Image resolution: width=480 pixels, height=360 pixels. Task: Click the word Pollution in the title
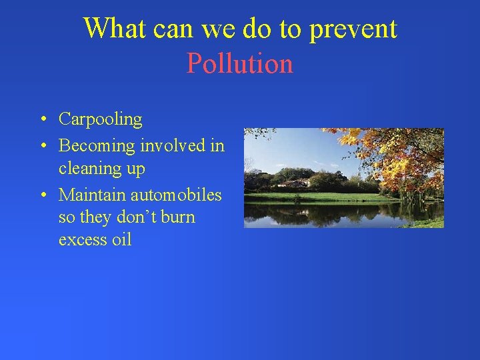pos(240,64)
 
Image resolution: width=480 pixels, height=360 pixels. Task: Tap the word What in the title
pos(115,29)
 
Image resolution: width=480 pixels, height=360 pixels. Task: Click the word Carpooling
pos(100,120)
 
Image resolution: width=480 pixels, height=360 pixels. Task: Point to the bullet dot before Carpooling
pos(42,120)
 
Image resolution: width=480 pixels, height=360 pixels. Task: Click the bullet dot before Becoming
pos(42,145)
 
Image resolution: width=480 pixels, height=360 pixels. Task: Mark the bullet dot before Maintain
pos(42,195)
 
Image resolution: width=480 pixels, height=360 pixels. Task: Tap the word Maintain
pos(92,195)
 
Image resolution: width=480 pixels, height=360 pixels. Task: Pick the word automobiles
pos(176,195)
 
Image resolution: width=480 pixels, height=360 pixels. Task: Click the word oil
pos(121,240)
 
